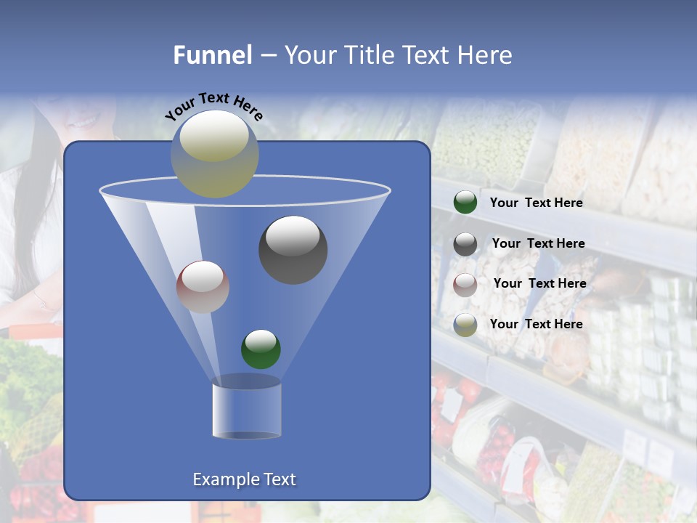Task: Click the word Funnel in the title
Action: (213, 55)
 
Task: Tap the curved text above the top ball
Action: (213, 106)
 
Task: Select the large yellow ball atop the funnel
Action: (214, 153)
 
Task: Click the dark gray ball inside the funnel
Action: (293, 250)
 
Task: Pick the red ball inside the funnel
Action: (203, 287)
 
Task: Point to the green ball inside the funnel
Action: (261, 349)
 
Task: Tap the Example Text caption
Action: (245, 479)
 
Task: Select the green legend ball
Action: (465, 203)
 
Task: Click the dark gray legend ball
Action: (465, 244)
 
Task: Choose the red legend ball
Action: (465, 285)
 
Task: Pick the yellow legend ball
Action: (465, 325)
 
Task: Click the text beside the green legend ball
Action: (536, 203)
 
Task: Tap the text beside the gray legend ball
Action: (538, 243)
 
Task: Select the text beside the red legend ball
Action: (539, 283)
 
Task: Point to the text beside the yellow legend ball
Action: (536, 324)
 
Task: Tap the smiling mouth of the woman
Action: (85, 121)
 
